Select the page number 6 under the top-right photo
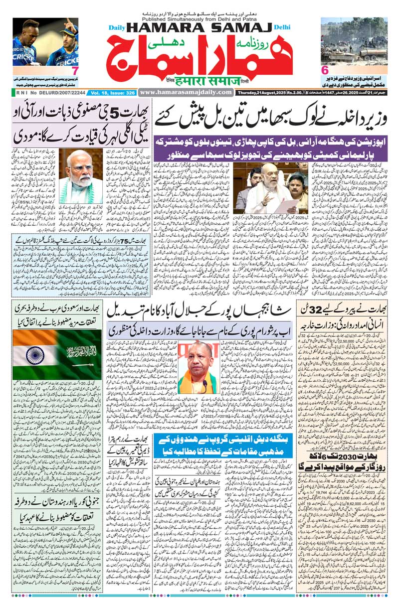point(324,70)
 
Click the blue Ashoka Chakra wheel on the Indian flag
point(34,355)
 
